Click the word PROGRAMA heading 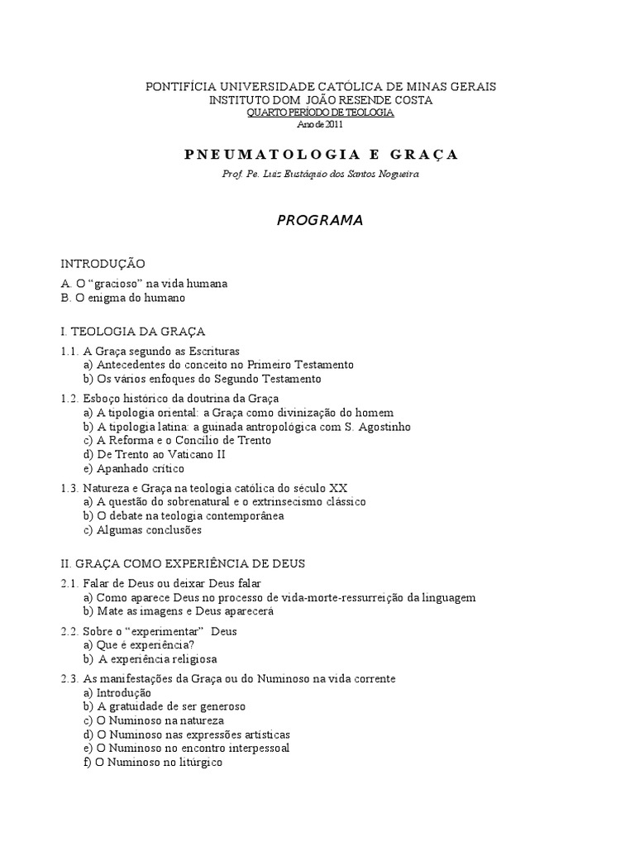point(319,221)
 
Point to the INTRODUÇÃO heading point(103,264)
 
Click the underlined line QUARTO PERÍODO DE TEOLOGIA point(322,112)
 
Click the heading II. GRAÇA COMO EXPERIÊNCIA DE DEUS point(183,563)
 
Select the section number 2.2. point(69,631)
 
